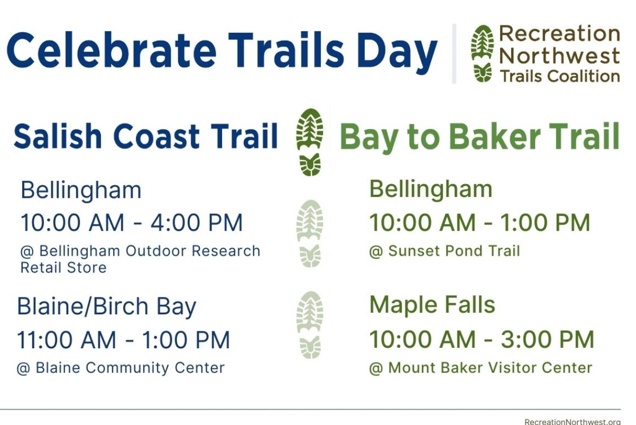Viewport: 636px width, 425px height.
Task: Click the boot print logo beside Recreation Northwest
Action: click(x=482, y=54)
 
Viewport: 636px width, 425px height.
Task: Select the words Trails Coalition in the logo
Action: click(x=560, y=76)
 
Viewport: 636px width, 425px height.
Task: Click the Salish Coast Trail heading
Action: click(x=146, y=136)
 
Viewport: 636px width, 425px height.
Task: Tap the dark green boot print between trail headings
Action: click(x=310, y=142)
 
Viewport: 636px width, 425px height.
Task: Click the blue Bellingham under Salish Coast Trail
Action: click(x=81, y=191)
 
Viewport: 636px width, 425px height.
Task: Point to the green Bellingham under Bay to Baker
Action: click(x=430, y=189)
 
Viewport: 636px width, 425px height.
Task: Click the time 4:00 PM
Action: click(x=197, y=222)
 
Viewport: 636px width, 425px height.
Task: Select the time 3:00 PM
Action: click(x=547, y=339)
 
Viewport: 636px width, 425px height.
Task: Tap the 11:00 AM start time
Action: click(x=67, y=340)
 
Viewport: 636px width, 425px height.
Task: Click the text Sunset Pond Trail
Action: click(x=454, y=251)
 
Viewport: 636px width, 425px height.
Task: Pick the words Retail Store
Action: click(x=63, y=268)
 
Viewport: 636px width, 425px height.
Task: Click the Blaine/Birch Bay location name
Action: click(x=106, y=307)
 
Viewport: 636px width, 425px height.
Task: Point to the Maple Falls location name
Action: click(x=432, y=305)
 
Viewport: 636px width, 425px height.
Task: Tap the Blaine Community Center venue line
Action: click(x=121, y=368)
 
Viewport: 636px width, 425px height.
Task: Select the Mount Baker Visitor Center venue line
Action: click(x=481, y=368)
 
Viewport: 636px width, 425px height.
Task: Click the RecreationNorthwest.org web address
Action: click(x=573, y=422)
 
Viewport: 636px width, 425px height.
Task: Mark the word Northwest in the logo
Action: click(x=559, y=56)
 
